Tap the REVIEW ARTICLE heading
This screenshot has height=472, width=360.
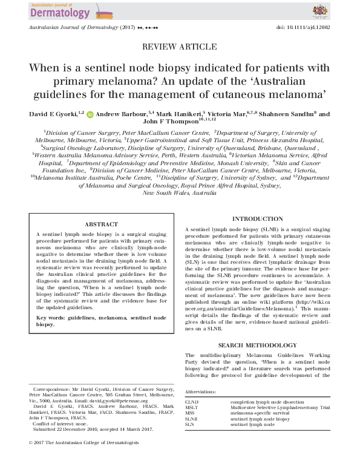pos(180,47)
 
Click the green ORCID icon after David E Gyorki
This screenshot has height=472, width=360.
pos(90,114)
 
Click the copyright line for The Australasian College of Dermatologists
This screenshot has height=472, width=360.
pos(84,459)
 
